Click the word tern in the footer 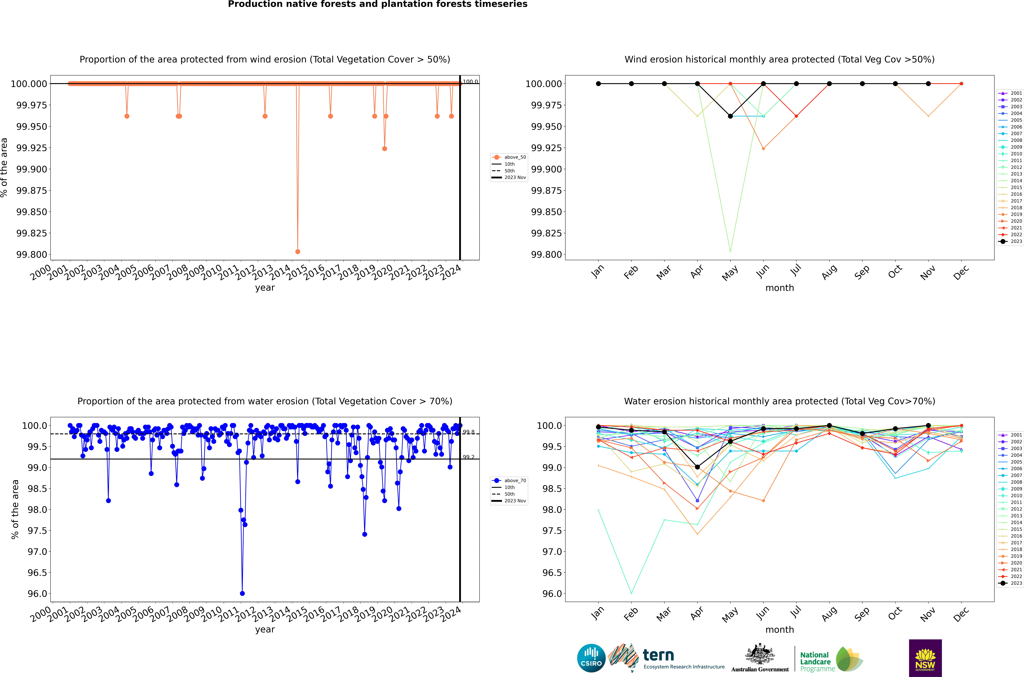[x=658, y=655]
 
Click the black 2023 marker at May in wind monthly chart [x=730, y=116]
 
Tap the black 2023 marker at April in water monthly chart [x=697, y=467]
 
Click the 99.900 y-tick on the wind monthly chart [x=546, y=169]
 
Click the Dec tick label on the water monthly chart [x=961, y=614]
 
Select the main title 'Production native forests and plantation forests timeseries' [x=378, y=4]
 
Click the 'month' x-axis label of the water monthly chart [x=779, y=630]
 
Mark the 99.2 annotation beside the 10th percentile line [x=469, y=457]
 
